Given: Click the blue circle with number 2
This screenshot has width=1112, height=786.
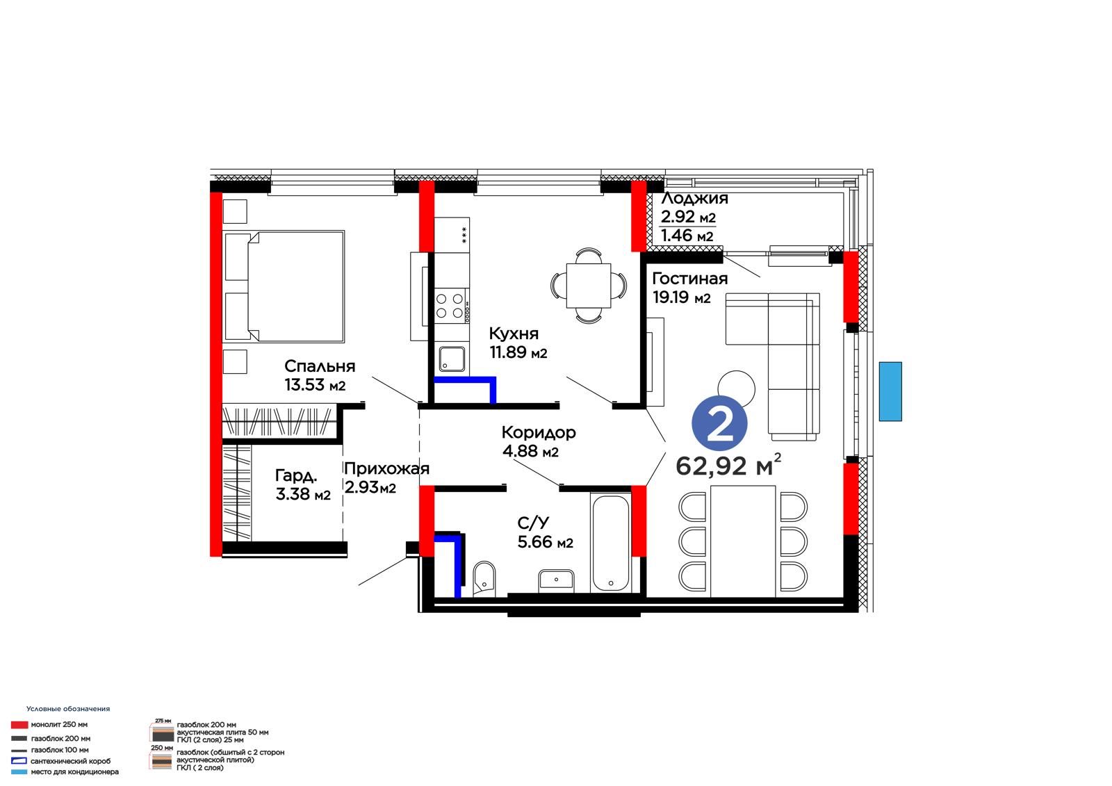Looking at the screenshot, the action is (x=719, y=423).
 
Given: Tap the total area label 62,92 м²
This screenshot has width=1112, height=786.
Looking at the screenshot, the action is (x=728, y=465).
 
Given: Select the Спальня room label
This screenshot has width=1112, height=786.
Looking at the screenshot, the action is (x=320, y=366).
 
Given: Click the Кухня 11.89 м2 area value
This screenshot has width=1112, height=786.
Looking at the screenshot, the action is (x=518, y=352).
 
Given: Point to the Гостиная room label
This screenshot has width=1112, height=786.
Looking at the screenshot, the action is (x=690, y=279).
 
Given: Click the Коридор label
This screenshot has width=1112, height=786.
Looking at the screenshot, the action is (x=539, y=432).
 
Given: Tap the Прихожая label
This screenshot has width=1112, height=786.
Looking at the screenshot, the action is (x=386, y=468).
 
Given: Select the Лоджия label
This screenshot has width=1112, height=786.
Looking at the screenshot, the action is (x=695, y=199).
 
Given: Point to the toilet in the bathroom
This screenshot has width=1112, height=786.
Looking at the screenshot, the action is (x=484, y=578).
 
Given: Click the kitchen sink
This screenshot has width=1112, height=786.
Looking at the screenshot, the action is (x=452, y=359).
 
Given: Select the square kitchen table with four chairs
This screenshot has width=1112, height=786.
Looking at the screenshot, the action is (x=589, y=286).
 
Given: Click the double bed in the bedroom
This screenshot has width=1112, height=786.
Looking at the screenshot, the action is (x=284, y=286).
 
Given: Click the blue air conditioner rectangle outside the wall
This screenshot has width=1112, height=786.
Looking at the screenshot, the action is (x=890, y=391).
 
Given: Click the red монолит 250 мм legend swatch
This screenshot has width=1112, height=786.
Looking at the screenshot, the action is (x=19, y=725).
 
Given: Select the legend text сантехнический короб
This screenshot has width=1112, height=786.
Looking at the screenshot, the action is (x=70, y=761).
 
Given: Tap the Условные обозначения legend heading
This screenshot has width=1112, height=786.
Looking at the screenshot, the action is (x=68, y=709).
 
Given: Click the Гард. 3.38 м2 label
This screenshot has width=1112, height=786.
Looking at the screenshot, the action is (x=303, y=484).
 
